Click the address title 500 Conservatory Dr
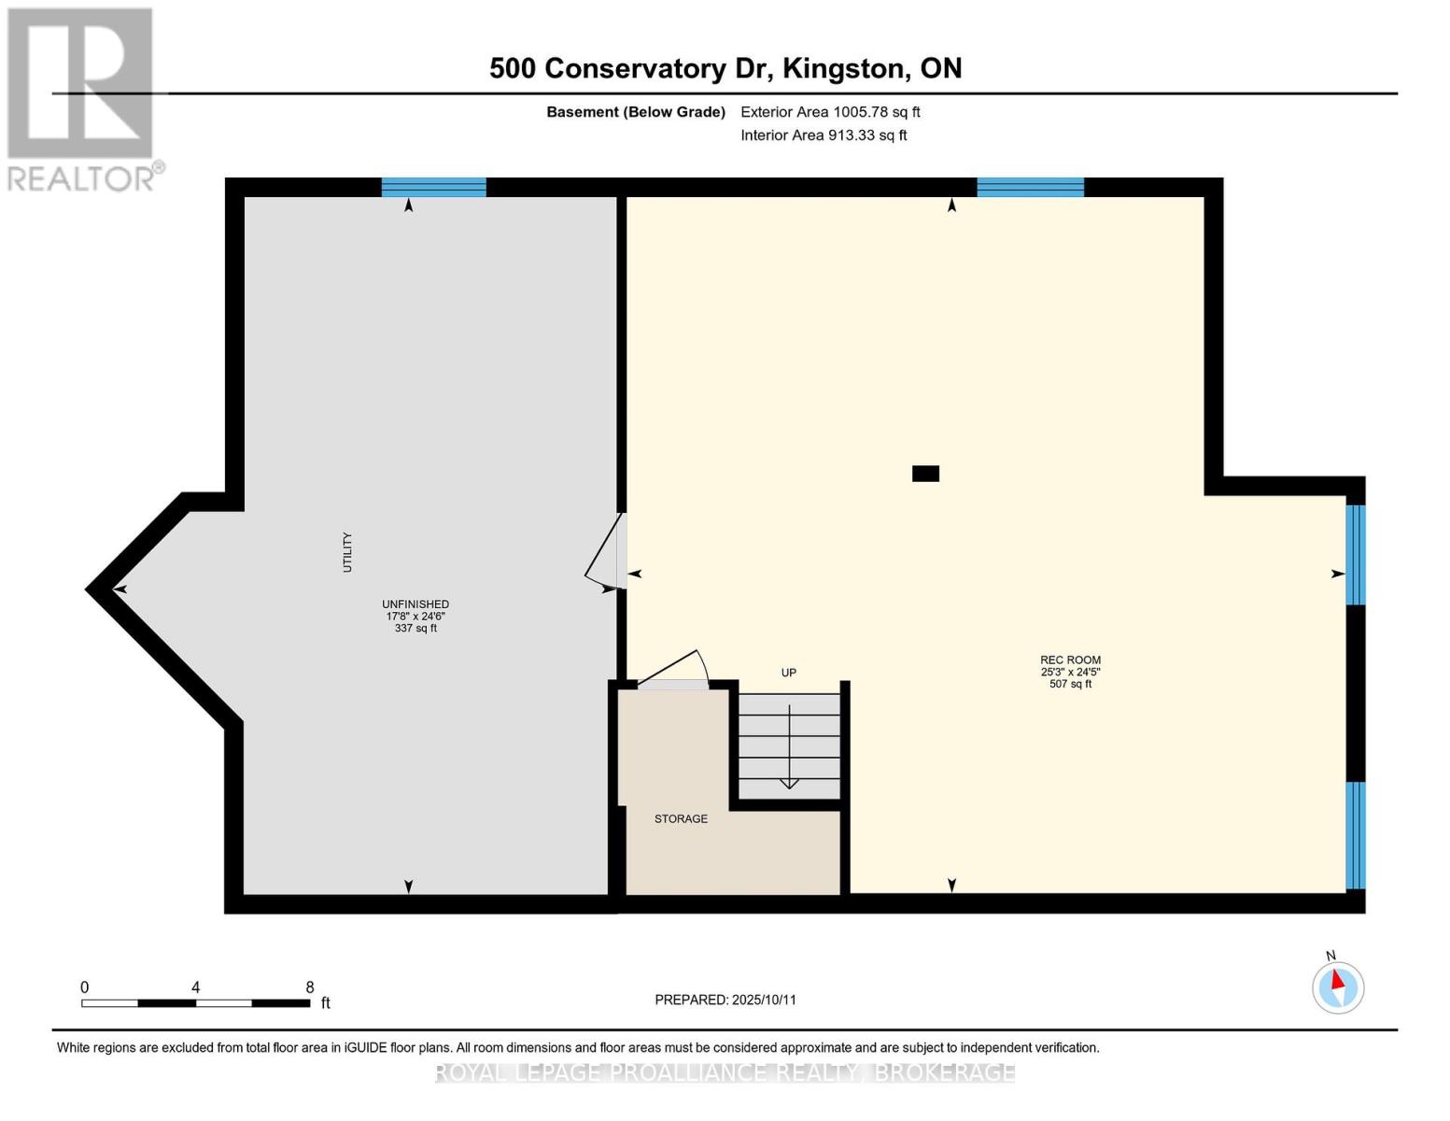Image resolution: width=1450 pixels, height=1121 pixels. [x=725, y=68]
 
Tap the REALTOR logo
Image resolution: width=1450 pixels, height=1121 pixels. [x=82, y=99]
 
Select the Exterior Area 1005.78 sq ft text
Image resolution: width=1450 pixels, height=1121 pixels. [x=829, y=112]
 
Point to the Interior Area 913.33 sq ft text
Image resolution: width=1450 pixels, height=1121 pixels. [x=823, y=135]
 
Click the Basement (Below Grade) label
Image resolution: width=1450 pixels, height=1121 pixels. [x=635, y=112]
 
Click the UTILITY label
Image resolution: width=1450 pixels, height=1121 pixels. [x=347, y=552]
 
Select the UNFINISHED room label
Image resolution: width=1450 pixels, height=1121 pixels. [x=415, y=604]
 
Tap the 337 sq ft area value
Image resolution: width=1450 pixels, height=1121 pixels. [x=415, y=629]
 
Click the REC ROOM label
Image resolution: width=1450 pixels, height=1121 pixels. [x=1070, y=660]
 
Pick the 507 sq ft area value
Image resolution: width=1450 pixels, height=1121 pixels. [x=1070, y=685]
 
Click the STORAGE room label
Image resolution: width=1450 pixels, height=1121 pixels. [x=681, y=819]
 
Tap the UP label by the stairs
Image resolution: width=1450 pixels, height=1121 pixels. [x=789, y=673]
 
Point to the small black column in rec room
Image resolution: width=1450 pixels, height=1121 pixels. [x=925, y=474]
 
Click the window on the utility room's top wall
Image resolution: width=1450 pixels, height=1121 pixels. [x=433, y=187]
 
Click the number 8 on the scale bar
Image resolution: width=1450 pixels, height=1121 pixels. [x=310, y=987]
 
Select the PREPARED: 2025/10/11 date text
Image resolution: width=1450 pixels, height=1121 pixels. [x=725, y=1000]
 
